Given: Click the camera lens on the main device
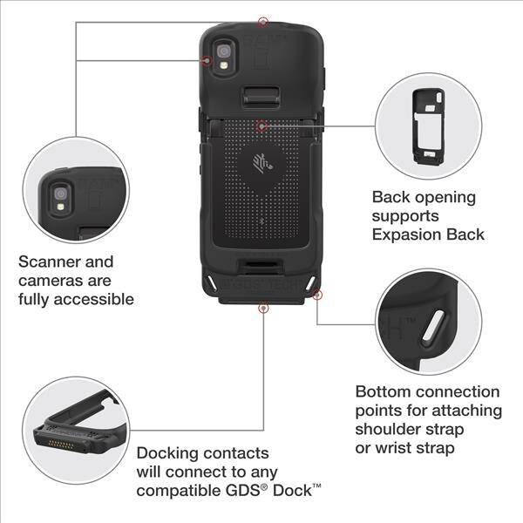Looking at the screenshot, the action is pyautogui.click(x=223, y=51).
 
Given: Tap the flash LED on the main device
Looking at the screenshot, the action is pyautogui.click(x=224, y=65).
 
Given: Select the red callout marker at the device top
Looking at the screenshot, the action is pyautogui.click(x=263, y=23).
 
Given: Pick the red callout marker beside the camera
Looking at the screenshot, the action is pyautogui.click(x=207, y=61).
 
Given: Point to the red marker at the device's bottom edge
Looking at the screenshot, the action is pyautogui.click(x=263, y=308).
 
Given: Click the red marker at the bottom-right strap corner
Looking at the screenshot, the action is pyautogui.click(x=317, y=295).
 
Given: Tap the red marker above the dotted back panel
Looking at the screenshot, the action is pyautogui.click(x=262, y=126).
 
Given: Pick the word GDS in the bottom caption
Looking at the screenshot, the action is pyautogui.click(x=243, y=491).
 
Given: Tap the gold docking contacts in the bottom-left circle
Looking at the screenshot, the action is pyautogui.click(x=61, y=445).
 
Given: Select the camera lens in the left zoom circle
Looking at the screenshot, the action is pyautogui.click(x=61, y=194).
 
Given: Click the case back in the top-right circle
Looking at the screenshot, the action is pyautogui.click(x=428, y=126).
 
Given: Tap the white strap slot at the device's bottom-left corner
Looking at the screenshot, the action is pyautogui.click(x=211, y=282).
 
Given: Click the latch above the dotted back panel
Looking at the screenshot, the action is pyautogui.click(x=261, y=97).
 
